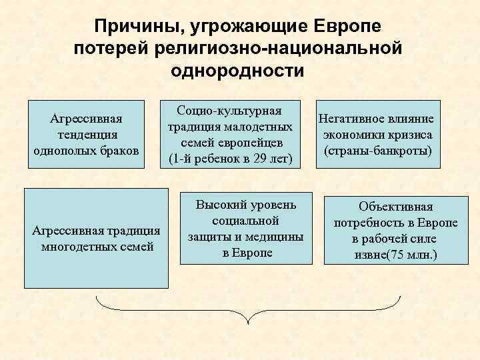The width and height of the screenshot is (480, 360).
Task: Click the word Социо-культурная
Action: click(x=229, y=111)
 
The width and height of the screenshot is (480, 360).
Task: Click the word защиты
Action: click(x=207, y=237)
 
